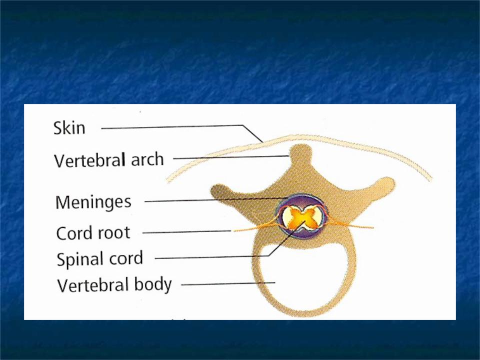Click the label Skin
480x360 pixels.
[69, 127]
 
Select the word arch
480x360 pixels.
[147, 159]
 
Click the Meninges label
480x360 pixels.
[93, 202]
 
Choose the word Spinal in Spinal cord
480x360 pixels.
[78, 259]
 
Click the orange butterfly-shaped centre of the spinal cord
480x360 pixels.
[301, 217]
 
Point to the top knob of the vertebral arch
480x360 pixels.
[300, 152]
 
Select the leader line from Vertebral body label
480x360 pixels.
[228, 284]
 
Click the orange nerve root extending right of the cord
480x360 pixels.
[349, 223]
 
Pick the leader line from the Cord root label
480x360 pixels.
[186, 232]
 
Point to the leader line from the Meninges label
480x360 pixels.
[216, 200]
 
